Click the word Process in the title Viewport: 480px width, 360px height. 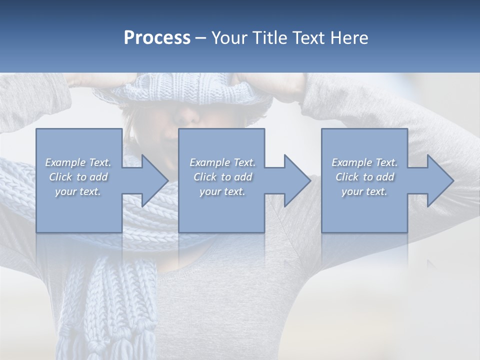point(157,38)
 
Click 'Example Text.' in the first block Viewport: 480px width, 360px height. point(78,162)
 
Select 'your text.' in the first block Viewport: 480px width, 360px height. point(78,191)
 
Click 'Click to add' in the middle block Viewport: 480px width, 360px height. point(222,177)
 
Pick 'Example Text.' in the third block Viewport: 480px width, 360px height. point(364,162)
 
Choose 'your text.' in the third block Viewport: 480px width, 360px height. point(364,191)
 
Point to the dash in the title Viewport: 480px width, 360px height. point(201,38)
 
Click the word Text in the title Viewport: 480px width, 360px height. point(308,38)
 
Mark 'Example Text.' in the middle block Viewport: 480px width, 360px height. point(222,162)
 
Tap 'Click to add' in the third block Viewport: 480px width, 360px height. point(364,177)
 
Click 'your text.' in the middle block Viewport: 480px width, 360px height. point(222,191)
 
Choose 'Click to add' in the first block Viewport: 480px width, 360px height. point(78,177)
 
